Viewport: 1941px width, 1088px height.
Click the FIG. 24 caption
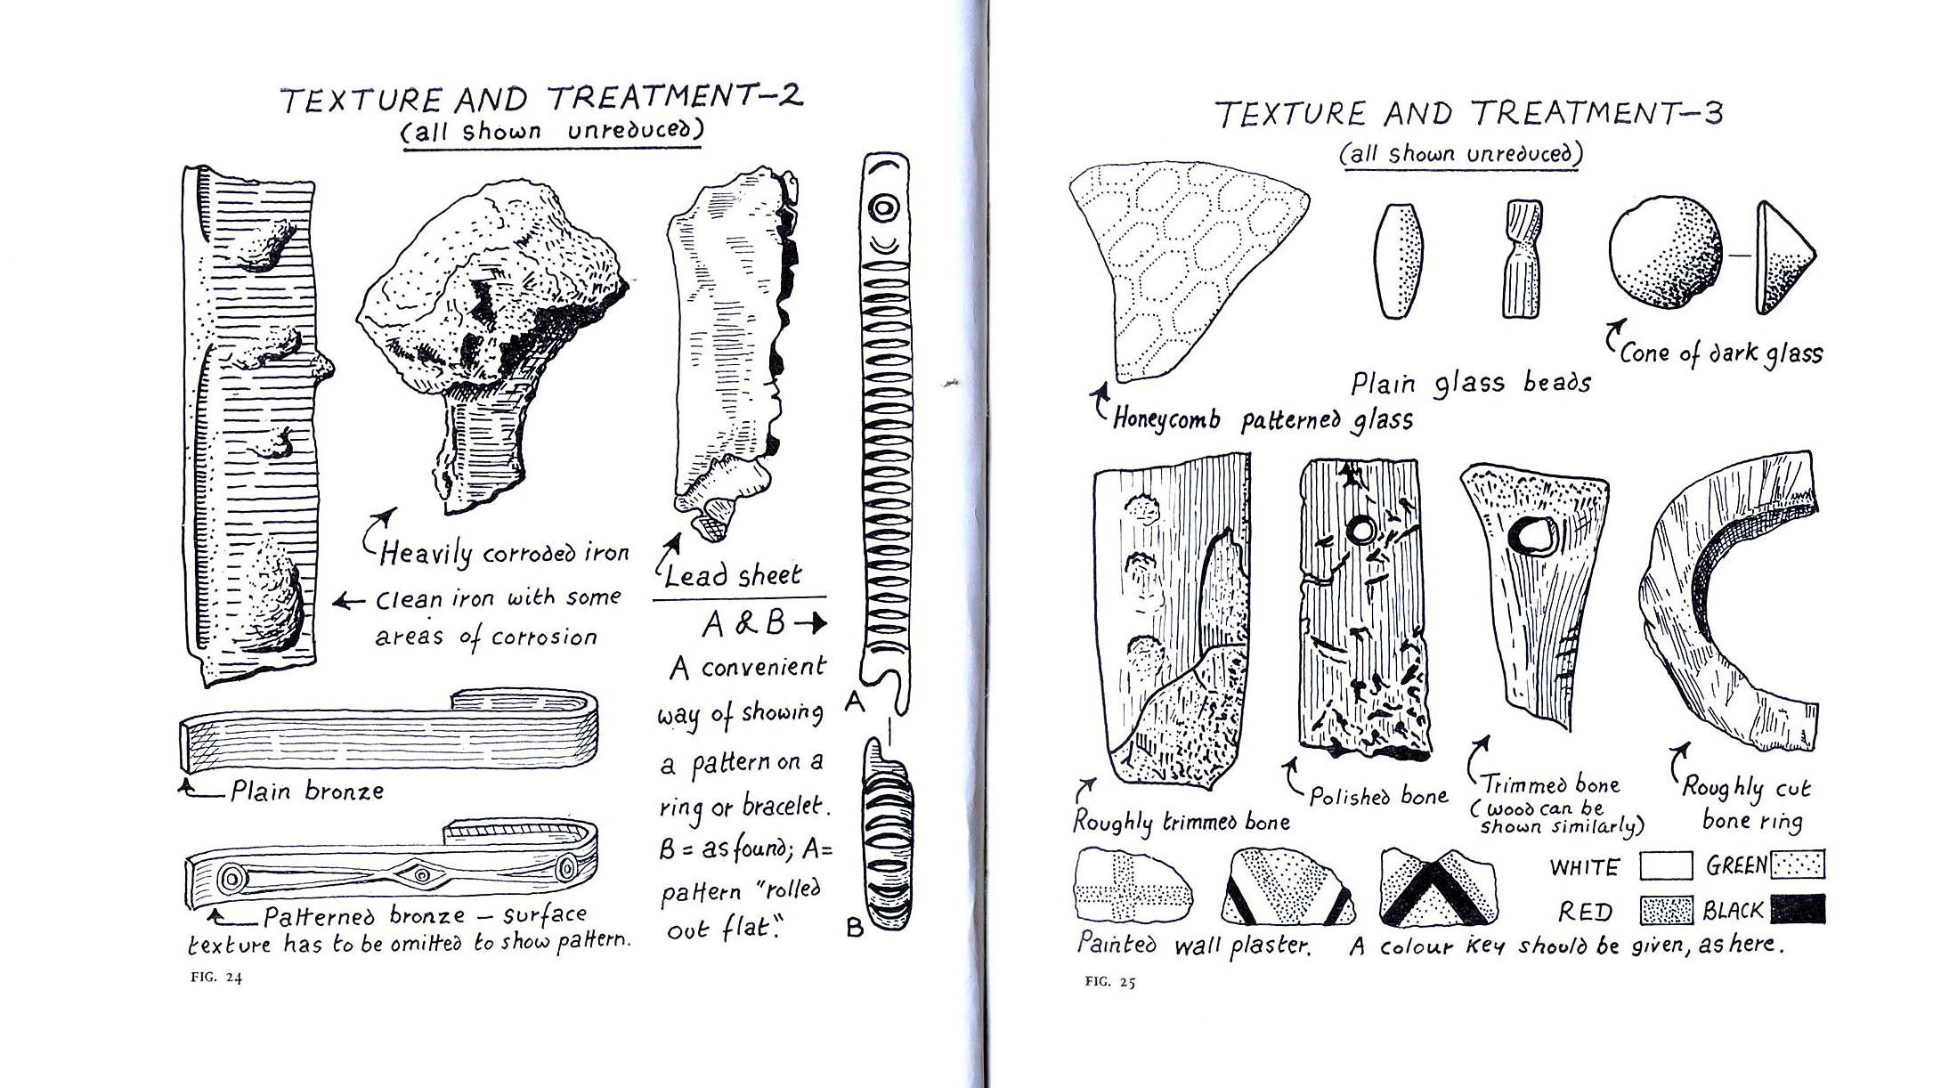[x=216, y=977]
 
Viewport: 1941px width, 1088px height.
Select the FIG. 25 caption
[x=1110, y=982]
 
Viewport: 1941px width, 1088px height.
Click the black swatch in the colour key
[x=1798, y=909]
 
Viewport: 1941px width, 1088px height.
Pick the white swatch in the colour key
[x=1665, y=865]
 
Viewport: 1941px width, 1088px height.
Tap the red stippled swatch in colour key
[x=1665, y=910]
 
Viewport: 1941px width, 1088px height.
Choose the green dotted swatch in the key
[x=1798, y=865]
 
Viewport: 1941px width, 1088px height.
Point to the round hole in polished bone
[x=1361, y=532]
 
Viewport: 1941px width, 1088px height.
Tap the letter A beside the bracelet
[x=854, y=703]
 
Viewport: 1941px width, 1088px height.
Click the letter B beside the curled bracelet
[x=855, y=928]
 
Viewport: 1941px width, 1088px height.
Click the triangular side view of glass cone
[x=1781, y=258]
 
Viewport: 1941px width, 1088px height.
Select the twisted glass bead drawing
[x=1522, y=258]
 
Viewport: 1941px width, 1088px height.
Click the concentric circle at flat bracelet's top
[x=885, y=208]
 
